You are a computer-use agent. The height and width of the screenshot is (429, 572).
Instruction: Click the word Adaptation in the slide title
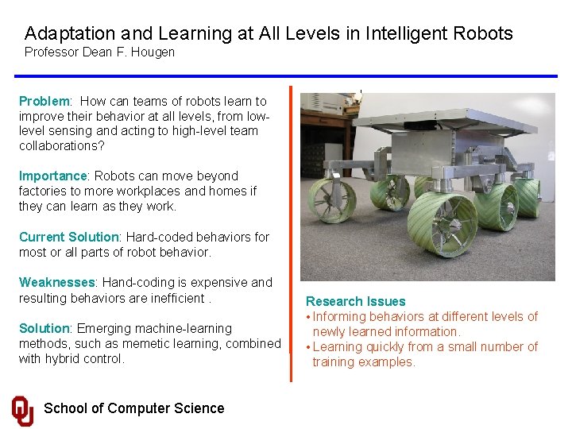click(x=69, y=33)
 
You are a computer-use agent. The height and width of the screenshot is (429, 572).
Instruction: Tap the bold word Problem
click(x=44, y=102)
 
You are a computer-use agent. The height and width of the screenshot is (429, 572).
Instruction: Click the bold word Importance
click(x=53, y=176)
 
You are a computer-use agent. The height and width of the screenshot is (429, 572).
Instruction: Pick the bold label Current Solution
click(x=68, y=238)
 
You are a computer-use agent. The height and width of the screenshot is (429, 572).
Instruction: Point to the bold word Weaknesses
click(x=57, y=283)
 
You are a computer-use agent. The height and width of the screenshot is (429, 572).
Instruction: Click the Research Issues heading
click(x=355, y=302)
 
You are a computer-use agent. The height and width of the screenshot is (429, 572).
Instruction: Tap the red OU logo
click(x=23, y=410)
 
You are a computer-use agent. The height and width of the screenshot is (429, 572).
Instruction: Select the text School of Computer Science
click(x=133, y=408)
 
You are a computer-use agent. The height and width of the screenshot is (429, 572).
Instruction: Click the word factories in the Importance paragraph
click(x=44, y=191)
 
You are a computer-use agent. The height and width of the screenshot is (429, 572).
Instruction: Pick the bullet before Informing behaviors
click(x=308, y=317)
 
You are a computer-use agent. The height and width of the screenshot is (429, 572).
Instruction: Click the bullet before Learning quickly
click(x=308, y=347)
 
